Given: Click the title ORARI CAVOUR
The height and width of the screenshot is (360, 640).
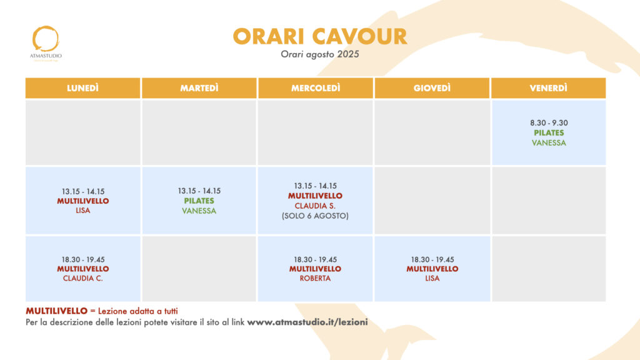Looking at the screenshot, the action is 320,36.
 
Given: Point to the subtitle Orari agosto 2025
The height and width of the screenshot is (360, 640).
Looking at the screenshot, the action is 320,54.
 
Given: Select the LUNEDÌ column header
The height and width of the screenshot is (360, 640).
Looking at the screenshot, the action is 83,88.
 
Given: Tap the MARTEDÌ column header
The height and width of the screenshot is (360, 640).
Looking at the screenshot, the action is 199,88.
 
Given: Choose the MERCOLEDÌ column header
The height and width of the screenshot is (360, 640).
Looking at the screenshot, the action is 316,88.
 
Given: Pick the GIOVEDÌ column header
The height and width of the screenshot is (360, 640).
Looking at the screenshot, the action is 432,88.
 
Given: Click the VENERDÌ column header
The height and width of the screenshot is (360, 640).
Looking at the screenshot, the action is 549,88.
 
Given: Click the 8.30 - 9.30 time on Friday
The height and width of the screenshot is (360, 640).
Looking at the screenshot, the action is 549,123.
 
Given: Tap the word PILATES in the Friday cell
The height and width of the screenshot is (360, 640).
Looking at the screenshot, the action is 549,133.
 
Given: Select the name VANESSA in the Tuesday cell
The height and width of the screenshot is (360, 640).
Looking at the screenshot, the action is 199,211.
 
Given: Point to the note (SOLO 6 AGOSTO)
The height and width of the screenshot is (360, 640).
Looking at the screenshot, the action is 315,216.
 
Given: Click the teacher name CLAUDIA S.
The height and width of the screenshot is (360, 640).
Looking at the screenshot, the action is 315,206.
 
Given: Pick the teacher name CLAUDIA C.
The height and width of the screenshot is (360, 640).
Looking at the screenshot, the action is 83,278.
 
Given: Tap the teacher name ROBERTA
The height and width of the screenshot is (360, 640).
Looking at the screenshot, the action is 315,278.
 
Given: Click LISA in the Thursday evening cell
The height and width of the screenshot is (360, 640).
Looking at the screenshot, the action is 432,278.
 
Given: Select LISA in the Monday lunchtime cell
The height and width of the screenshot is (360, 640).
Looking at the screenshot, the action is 83,211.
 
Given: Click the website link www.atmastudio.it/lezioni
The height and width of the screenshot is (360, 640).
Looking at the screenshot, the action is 307,322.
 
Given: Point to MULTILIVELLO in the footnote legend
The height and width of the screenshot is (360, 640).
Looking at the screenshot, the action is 57,311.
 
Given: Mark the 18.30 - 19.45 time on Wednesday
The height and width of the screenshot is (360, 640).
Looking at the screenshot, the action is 315,259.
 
